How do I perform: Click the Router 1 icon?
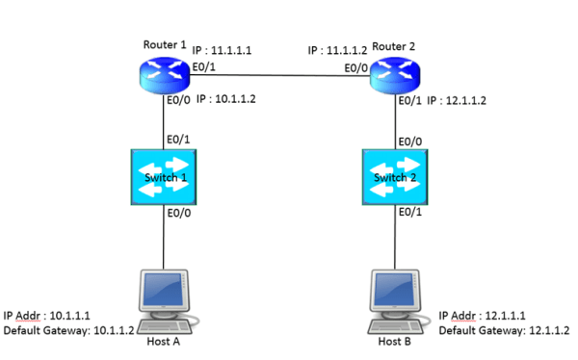point(162,72)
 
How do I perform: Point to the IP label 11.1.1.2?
point(338,49)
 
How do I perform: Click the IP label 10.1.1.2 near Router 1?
point(227,99)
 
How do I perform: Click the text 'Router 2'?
point(393,44)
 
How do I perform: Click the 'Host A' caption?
point(162,342)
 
